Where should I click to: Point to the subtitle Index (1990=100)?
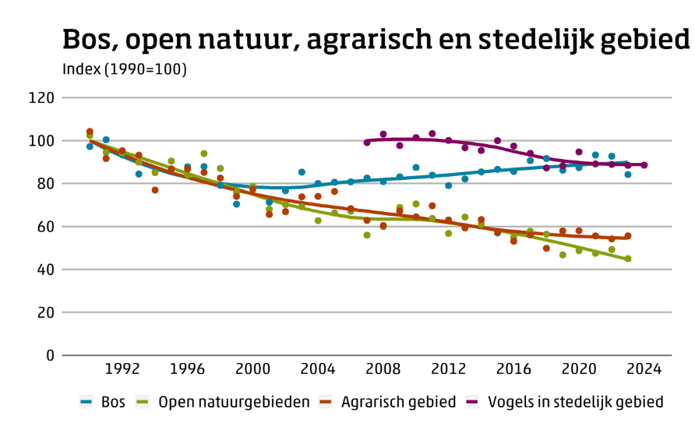(125, 69)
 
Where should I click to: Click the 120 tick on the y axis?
(41, 98)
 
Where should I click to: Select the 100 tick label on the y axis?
(41, 141)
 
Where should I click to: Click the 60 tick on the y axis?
(44, 227)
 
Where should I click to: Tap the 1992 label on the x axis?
(122, 369)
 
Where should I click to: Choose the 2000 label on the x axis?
(252, 369)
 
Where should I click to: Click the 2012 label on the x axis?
(448, 369)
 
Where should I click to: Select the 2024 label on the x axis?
(644, 369)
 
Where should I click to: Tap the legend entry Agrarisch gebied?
(388, 402)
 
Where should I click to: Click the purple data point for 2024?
(644, 165)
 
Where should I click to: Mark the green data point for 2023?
(627, 259)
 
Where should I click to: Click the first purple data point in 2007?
(367, 143)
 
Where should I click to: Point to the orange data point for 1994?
(155, 190)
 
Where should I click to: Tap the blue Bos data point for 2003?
(302, 172)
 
